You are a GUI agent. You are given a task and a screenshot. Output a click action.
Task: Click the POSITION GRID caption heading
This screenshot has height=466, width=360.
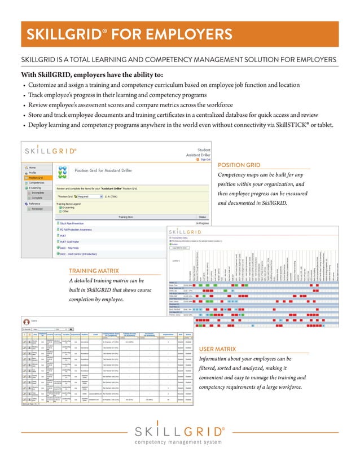click(x=239, y=165)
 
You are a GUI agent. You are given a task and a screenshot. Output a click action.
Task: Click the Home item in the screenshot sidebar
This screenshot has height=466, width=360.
click(x=33, y=168)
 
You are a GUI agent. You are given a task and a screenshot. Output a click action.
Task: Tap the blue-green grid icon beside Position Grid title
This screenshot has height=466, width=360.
click(x=64, y=171)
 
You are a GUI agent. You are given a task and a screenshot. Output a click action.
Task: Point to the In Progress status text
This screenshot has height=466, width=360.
click(x=201, y=223)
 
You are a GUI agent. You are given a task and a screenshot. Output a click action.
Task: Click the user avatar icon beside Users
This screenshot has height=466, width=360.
click(x=24, y=320)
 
